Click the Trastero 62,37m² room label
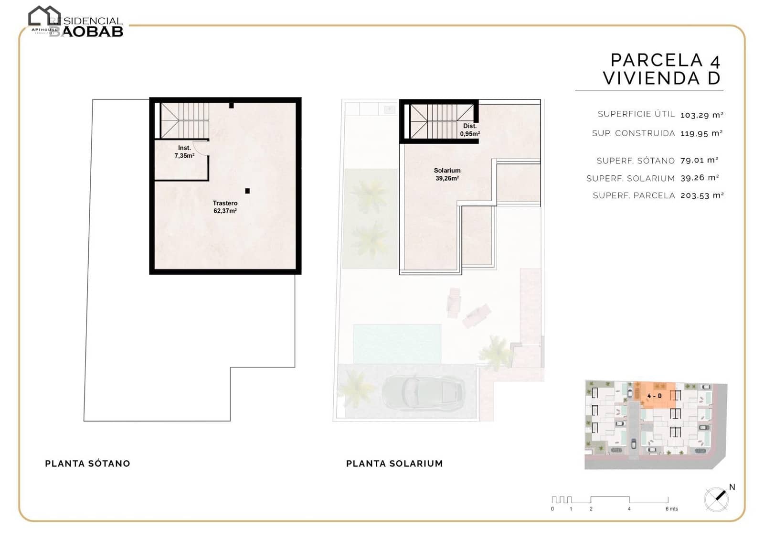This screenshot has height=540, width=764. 225,207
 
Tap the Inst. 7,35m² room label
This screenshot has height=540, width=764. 184,152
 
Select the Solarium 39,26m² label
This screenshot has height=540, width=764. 447,174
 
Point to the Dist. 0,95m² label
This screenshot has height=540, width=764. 470,130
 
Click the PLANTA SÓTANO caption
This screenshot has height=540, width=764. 87,464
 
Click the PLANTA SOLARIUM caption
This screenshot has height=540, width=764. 394,464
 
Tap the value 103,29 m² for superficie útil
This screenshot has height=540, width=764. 701,115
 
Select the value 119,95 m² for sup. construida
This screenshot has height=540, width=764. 701,134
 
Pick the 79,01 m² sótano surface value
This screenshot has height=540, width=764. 699,161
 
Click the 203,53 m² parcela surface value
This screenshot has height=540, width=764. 702,195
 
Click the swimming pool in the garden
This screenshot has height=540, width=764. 397,343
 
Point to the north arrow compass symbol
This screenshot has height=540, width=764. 717,499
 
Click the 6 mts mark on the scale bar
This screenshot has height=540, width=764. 671,509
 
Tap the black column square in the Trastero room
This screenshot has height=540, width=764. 247,191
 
